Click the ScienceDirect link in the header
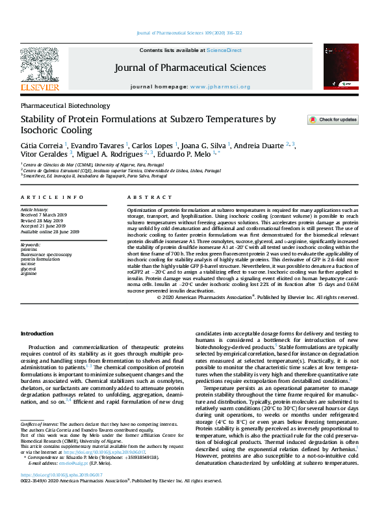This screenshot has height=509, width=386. point(224,50)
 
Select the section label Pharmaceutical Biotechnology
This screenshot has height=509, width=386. point(66,105)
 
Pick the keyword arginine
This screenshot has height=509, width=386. point(29,274)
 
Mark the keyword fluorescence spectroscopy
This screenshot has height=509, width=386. point(47,254)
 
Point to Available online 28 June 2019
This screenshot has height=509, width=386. point(50,231)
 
